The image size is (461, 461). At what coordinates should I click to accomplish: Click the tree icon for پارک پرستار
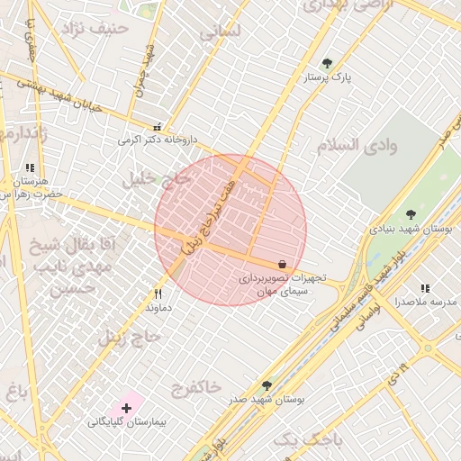click(x=326, y=63)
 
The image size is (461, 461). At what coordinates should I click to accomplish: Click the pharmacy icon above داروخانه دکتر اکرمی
click(x=158, y=128)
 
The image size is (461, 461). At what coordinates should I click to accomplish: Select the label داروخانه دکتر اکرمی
click(x=157, y=140)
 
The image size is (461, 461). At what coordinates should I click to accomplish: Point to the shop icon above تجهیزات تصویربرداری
click(x=283, y=265)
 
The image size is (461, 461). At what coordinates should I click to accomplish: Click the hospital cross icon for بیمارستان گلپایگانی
click(x=126, y=408)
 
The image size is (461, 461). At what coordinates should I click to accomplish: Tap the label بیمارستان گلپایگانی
click(x=124, y=421)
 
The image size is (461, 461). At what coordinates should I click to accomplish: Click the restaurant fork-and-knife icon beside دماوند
click(x=158, y=294)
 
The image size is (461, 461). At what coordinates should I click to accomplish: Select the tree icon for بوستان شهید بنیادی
click(x=411, y=214)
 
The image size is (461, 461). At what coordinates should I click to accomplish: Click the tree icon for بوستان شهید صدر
click(x=267, y=384)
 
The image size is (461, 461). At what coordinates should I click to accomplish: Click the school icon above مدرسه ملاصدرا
click(x=424, y=288)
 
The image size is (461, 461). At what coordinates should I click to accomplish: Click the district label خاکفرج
click(x=195, y=387)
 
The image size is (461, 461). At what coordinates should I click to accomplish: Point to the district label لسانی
click(x=221, y=31)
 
